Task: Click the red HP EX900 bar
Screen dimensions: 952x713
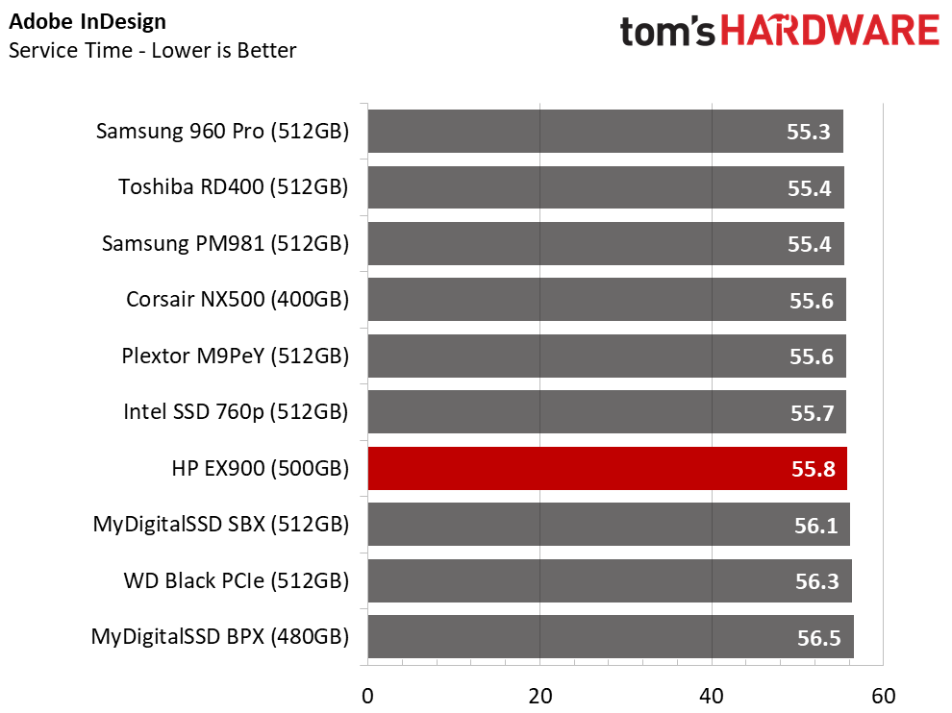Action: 607,469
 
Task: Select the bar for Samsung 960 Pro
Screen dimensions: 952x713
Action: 605,131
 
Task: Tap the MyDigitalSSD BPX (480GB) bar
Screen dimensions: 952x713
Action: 611,636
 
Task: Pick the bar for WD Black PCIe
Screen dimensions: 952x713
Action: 610,580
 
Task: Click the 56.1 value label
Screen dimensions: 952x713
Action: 816,525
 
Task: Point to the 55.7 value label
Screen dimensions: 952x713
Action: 813,412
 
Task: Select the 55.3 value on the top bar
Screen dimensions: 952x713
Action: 808,132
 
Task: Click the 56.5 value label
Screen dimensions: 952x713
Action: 819,638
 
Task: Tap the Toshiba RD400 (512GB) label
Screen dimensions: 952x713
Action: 233,187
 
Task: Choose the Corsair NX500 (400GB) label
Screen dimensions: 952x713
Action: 238,300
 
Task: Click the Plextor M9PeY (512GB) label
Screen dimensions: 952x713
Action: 236,356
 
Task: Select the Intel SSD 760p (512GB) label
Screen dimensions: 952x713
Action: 236,412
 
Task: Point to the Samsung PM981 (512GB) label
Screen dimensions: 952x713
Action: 225,244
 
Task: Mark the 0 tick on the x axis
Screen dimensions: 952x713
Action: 367,696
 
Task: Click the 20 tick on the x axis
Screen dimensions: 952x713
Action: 539,696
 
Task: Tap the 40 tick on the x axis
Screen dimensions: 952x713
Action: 712,696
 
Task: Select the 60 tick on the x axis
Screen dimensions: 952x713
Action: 884,696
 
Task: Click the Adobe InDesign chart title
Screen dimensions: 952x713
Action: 88,22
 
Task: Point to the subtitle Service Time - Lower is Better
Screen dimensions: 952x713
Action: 152,50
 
